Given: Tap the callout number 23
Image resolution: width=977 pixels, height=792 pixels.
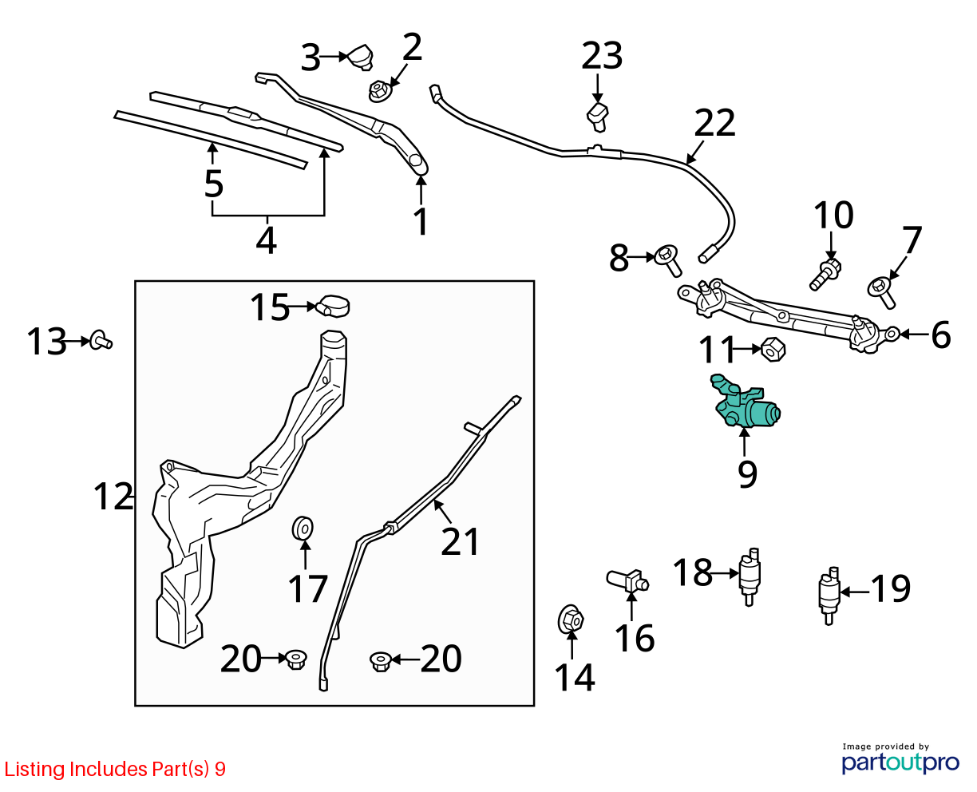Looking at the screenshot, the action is (601, 56).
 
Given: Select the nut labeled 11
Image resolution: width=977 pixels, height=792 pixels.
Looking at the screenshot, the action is (773, 350).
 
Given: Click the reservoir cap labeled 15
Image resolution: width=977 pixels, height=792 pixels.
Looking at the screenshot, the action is (332, 306).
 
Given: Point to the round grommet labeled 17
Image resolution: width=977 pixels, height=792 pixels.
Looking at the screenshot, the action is (303, 529).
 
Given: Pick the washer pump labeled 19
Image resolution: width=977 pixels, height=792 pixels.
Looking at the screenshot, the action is (829, 596).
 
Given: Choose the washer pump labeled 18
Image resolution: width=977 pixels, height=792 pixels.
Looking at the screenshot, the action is (750, 576).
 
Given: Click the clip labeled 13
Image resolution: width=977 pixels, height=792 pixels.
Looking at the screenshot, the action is (101, 341).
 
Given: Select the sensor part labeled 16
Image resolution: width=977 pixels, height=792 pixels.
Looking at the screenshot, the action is (627, 581).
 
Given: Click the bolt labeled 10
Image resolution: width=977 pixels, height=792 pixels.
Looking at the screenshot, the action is (825, 275).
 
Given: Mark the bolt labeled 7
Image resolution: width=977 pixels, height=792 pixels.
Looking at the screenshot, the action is (881, 292).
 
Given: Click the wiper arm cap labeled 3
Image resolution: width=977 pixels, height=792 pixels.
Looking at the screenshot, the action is (360, 57).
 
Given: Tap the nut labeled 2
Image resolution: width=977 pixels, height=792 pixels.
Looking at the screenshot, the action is (379, 91).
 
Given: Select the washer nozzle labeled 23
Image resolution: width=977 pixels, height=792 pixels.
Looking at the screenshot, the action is (598, 117).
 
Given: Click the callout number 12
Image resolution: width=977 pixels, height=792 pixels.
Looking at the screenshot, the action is (113, 496).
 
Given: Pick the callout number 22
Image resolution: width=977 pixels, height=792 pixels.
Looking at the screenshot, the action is (714, 122).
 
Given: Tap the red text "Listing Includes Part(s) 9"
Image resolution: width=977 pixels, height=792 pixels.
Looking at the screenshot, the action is (115, 769).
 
